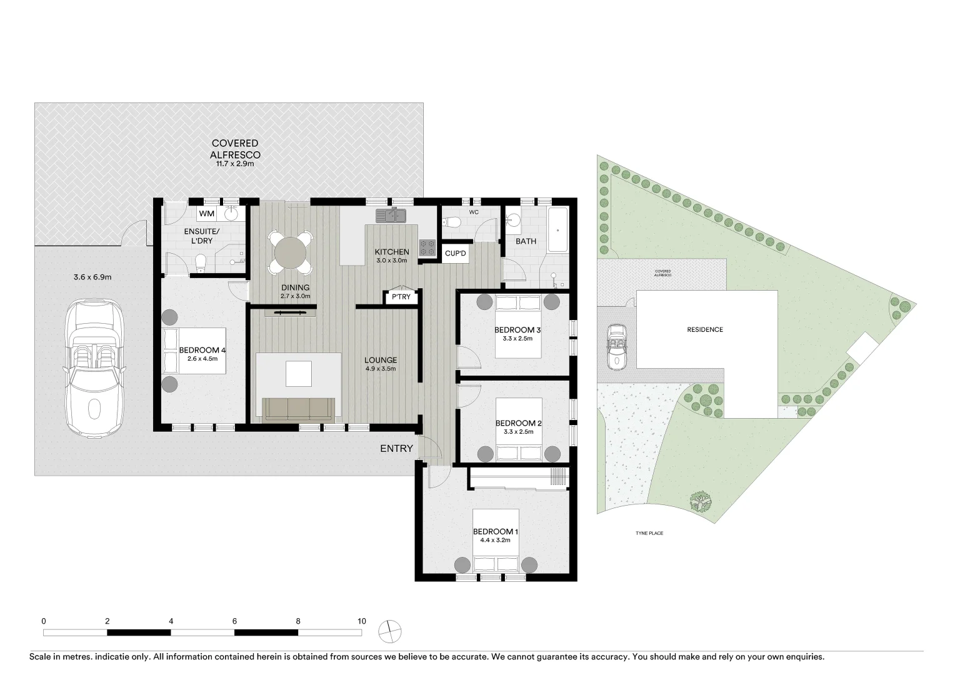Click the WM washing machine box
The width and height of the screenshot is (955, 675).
click(207, 214)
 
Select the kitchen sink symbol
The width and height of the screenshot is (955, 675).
click(391, 216)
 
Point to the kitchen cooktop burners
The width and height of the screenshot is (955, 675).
click(427, 247)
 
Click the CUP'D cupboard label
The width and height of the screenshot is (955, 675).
click(455, 254)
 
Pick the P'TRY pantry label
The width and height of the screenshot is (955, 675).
click(401, 297)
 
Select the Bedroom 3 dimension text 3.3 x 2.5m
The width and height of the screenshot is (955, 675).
click(517, 339)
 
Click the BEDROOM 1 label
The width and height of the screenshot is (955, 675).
click(495, 532)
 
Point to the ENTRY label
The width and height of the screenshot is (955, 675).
click(396, 448)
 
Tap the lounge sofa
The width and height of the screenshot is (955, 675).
click(297, 409)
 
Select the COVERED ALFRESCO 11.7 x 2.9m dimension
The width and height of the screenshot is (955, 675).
click(234, 164)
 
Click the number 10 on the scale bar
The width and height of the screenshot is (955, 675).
click(362, 621)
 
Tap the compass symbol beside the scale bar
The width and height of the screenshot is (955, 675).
click(391, 631)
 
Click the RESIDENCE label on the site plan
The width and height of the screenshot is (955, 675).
click(705, 329)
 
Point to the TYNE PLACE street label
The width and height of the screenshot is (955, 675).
click(649, 533)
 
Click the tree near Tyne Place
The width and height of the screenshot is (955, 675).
click(701, 501)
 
